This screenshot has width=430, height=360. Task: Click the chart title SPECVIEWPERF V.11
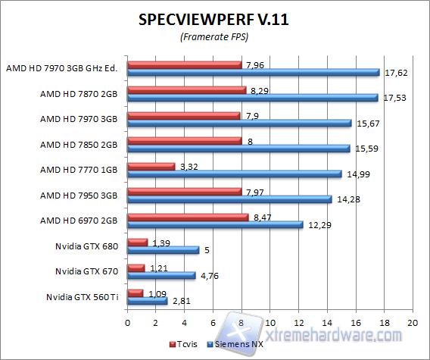214,20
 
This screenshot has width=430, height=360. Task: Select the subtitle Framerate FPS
214,36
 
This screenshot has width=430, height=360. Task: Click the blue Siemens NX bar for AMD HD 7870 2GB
253,98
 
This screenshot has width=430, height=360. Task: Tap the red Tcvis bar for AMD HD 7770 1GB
151,166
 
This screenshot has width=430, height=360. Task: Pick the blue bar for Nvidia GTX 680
164,249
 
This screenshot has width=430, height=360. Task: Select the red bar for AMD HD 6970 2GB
188,217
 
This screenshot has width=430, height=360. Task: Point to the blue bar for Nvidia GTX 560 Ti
148,300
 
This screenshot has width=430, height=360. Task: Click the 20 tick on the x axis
412,321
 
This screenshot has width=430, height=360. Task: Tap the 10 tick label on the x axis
270,321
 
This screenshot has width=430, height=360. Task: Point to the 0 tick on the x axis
128,321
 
